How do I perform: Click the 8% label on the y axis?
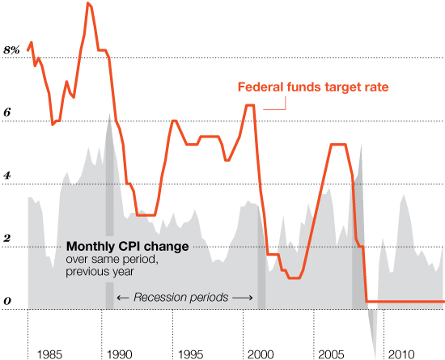tap(11, 50)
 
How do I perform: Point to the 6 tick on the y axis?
tap(7, 113)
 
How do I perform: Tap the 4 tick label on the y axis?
tap(7, 176)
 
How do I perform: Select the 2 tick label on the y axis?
tap(7, 239)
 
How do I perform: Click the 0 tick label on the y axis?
tap(7, 302)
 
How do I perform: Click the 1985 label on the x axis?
tap(50, 354)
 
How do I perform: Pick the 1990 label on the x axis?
tap(120, 354)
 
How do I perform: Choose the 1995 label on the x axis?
tap(190, 354)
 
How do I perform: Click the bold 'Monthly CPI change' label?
tap(127, 247)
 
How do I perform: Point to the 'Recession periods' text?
tap(181, 298)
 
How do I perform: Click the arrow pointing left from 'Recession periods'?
tap(124, 298)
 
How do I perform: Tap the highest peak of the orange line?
tap(87, 4)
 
